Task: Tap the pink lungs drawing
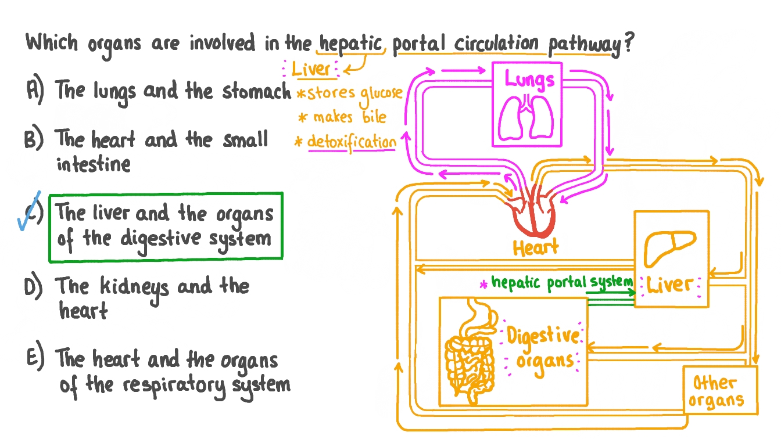tap(526, 118)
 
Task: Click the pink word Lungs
tap(529, 80)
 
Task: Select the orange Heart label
tap(536, 247)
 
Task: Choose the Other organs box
tap(720, 390)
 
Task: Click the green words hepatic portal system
tap(562, 283)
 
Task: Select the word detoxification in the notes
tap(352, 142)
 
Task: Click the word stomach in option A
tap(256, 91)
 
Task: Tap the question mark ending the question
tap(629, 42)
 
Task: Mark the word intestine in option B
tap(94, 164)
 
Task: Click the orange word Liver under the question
tap(311, 69)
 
